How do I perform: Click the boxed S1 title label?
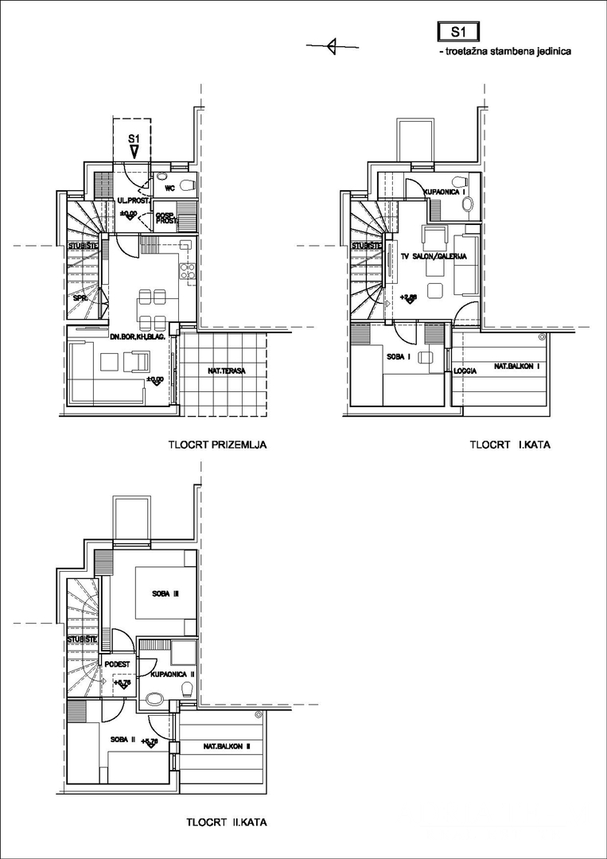click(x=457, y=32)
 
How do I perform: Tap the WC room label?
click(x=169, y=189)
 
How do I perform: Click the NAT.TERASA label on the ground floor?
click(x=222, y=370)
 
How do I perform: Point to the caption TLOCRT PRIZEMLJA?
click(x=216, y=445)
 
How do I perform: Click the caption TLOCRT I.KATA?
click(x=510, y=445)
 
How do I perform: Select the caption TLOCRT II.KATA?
click(x=227, y=822)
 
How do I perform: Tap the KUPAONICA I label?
click(x=445, y=192)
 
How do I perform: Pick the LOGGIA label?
click(x=465, y=371)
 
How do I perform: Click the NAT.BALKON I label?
click(x=517, y=367)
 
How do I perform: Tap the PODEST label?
click(x=117, y=664)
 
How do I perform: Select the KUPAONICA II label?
click(x=168, y=674)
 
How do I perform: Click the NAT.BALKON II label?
click(x=227, y=746)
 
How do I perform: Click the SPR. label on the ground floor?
click(x=80, y=299)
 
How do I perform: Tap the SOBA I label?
click(x=398, y=356)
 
